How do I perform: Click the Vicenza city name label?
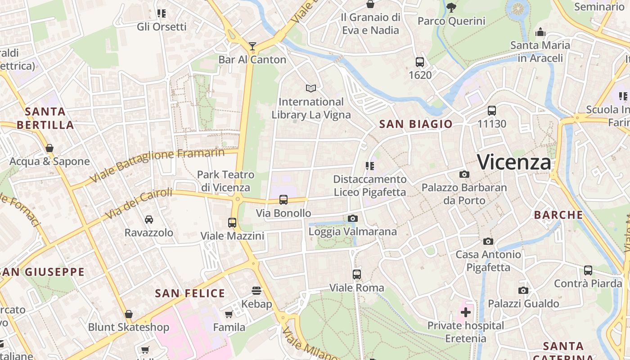tap(514, 162)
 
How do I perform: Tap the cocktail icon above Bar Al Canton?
tap(252, 46)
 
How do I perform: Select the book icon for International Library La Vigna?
tap(311, 88)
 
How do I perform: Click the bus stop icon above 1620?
tap(420, 62)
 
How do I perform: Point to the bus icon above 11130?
tap(492, 110)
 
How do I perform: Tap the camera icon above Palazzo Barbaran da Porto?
tap(464, 174)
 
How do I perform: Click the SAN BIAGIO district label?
tap(416, 124)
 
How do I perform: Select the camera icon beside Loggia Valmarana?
tap(353, 219)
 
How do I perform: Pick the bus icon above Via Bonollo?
tap(283, 200)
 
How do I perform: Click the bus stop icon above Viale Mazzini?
tap(232, 222)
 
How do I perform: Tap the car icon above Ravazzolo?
tap(149, 220)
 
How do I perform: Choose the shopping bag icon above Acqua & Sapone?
tap(49, 148)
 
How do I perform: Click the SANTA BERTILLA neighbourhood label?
tap(45, 118)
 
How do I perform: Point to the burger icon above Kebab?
tap(256, 291)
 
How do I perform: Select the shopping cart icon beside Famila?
tap(229, 314)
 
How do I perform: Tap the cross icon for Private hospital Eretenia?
tap(466, 312)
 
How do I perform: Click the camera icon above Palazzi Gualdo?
tap(523, 290)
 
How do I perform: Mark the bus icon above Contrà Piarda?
tap(588, 270)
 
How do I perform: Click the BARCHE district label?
tap(558, 215)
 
